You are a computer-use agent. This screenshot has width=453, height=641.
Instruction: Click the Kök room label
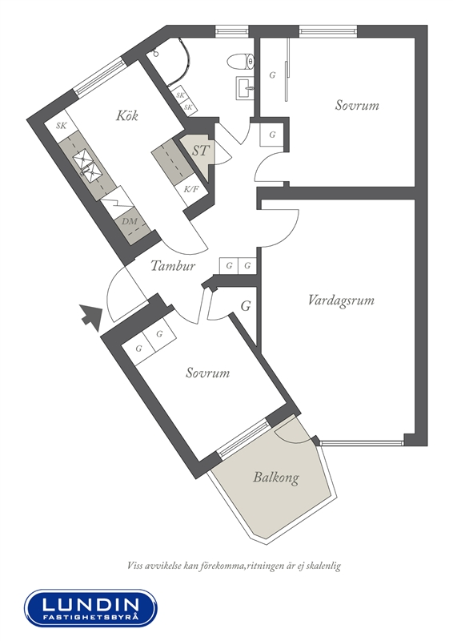127,115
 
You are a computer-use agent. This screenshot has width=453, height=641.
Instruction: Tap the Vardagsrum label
341,301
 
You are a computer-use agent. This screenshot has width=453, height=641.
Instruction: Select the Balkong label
275,477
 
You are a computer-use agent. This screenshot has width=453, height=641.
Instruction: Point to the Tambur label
173,266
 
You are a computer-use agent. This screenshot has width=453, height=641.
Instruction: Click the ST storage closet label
200,151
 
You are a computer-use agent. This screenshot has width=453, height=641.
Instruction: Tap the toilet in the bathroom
241,62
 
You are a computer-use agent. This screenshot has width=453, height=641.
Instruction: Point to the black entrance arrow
90,316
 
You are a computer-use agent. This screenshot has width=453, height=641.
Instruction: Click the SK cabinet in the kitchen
62,126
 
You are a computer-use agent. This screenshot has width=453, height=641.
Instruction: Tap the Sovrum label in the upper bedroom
357,105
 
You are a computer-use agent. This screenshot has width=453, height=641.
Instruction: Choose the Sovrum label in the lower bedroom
208,373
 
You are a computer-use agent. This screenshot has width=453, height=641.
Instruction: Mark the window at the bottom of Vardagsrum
362,442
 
